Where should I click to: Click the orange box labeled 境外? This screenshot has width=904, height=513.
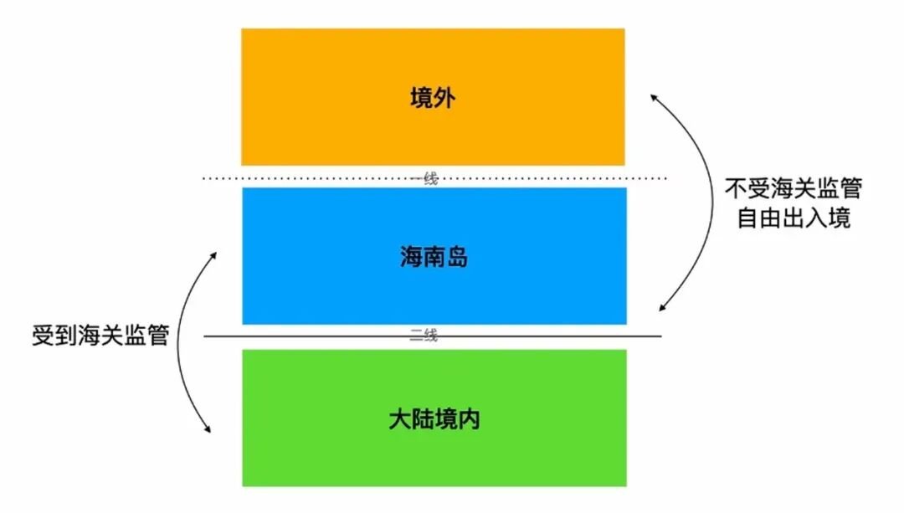(x=433, y=97)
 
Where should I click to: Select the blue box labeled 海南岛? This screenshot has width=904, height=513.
(x=434, y=256)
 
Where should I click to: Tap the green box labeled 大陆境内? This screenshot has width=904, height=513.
(x=434, y=418)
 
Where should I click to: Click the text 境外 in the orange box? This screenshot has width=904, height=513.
(x=433, y=97)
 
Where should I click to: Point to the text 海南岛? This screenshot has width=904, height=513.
(x=434, y=256)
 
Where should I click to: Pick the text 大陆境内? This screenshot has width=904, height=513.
(x=434, y=419)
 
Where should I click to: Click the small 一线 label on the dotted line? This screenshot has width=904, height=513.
(x=424, y=178)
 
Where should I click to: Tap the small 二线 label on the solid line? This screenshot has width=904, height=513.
(x=424, y=334)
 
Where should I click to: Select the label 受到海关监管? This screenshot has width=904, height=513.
(x=100, y=335)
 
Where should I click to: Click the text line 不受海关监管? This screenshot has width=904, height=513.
(x=794, y=188)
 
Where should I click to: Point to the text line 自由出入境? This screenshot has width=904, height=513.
(x=794, y=218)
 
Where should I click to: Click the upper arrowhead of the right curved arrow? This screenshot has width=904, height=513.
(x=655, y=99)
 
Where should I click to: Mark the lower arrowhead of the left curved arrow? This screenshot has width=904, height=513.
(x=207, y=428)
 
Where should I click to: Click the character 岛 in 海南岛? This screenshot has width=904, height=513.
(x=457, y=256)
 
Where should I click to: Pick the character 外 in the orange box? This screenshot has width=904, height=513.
(x=444, y=97)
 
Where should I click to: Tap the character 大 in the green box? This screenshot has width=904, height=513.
(x=399, y=419)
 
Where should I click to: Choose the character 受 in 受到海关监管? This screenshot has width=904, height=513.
(x=43, y=335)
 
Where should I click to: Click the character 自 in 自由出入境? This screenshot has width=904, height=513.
(x=748, y=218)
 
